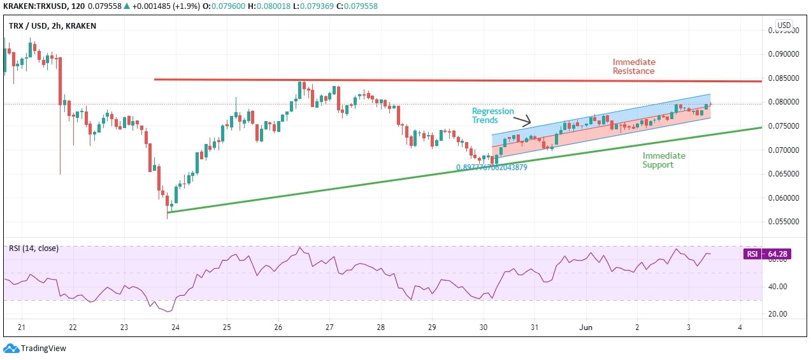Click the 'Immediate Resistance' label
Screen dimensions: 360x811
[633, 66]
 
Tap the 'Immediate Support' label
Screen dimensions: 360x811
[663, 160]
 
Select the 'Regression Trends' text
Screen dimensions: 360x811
[492, 115]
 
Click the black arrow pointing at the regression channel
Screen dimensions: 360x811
[523, 120]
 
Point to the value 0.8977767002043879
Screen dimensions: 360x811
[491, 168]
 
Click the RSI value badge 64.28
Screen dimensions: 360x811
[766, 254]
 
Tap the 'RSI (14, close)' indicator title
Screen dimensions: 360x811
[33, 248]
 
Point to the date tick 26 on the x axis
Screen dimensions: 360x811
[278, 328]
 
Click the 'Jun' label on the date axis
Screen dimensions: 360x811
[586, 328]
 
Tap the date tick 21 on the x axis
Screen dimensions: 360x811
[22, 328]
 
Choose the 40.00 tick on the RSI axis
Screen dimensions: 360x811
[777, 287]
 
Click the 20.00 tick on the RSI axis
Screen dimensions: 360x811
[777, 314]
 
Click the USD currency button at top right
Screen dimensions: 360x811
[784, 25]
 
